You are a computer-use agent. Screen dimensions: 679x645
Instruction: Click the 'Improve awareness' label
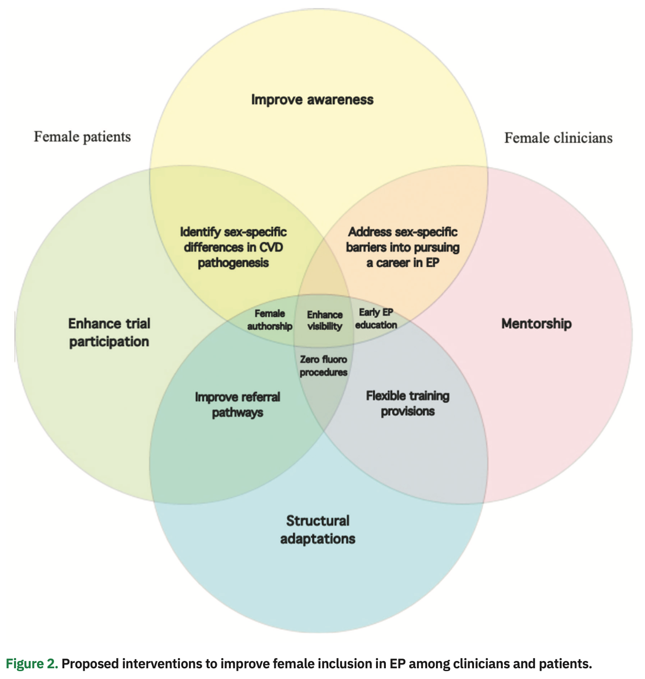tap(312, 100)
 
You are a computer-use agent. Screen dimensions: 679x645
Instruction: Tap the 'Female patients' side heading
tap(82, 137)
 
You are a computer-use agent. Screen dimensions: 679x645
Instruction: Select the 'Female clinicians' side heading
tap(558, 138)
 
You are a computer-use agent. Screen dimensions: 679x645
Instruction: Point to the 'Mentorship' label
tap(536, 324)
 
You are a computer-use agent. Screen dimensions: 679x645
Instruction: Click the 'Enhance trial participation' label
tap(109, 333)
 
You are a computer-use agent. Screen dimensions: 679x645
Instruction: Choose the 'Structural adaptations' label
tap(318, 530)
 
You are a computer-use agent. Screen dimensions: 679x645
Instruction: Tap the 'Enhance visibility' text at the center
tap(324, 321)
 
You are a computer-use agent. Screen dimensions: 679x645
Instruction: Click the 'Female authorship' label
tap(269, 320)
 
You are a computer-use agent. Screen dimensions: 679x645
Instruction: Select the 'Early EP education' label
tap(376, 319)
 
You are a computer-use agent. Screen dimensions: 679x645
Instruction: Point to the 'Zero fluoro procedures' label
tap(323, 366)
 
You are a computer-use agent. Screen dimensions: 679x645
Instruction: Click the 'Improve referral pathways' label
tap(238, 405)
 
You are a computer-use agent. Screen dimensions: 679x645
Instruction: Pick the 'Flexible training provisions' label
tap(408, 403)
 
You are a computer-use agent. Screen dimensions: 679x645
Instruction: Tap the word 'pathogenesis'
tap(233, 263)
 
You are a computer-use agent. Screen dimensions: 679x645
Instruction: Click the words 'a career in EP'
tap(403, 263)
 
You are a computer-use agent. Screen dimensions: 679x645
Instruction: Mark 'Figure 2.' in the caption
tap(32, 664)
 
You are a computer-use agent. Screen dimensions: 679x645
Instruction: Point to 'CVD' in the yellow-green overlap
tap(271, 247)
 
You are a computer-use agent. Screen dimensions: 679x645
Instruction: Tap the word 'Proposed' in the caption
tap(90, 664)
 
